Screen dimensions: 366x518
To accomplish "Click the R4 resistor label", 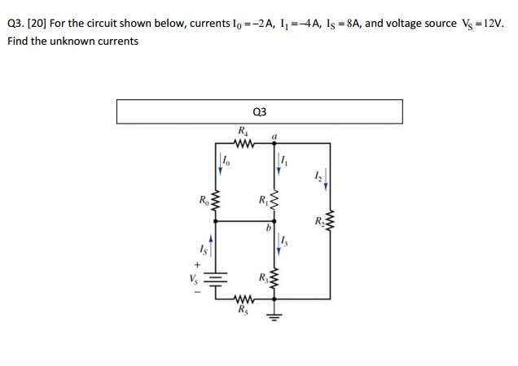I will coord(243,130).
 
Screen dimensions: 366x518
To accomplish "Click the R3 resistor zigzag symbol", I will coord(274,282).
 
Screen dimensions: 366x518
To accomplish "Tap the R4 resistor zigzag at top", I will coord(244,143).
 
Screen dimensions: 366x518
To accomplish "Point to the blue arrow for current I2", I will coord(326,179).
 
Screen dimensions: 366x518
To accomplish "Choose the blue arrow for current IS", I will coord(213,244).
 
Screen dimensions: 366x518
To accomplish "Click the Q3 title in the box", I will coord(260,111).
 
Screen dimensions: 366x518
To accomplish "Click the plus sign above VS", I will coord(195,264).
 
